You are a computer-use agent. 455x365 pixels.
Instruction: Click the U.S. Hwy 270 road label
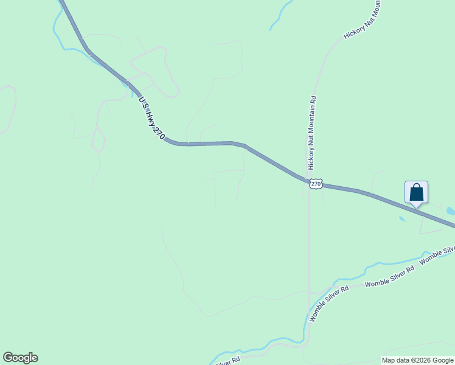coord(152,118)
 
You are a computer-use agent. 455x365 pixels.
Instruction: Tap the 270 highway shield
coord(315,183)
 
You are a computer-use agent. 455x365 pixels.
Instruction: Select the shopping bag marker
coord(416,192)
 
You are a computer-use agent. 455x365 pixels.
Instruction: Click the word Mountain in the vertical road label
coord(312,135)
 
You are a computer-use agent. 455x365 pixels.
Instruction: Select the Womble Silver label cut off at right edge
coord(437,254)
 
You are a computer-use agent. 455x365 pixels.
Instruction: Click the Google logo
coord(20,358)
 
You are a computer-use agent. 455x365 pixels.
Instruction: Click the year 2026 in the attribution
coord(422,361)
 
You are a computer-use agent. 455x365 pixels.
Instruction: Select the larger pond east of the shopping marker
coord(450,211)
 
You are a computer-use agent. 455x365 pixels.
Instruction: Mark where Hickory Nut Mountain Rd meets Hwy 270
coord(308,180)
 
